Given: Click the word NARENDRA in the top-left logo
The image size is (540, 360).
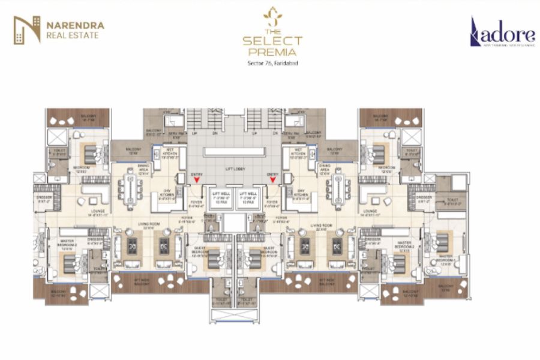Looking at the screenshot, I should coord(75,25).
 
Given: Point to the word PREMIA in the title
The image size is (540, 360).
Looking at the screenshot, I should coord(272,53).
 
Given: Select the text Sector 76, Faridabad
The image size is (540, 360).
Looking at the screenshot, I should coord(272,63).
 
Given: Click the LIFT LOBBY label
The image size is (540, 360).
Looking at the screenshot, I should coord(235,170).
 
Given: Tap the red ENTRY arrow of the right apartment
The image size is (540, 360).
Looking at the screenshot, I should coord(272,179).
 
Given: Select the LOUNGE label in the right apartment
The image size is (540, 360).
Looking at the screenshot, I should coord(371,211).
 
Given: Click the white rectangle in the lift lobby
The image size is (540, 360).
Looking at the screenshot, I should coord(235,152).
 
